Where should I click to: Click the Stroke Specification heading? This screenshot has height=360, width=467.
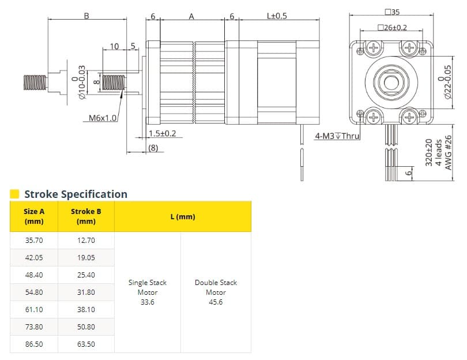76,194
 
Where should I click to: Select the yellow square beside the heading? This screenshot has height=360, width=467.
15,194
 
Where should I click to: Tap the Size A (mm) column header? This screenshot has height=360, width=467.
34,216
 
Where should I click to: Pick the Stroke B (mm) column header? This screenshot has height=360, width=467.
86,216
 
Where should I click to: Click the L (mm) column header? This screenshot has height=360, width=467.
183,216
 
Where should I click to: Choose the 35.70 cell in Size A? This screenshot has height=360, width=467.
34,241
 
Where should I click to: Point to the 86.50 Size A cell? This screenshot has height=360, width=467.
34,344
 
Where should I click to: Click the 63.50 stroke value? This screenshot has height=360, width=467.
86,344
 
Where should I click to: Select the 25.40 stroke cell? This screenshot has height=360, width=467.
86,275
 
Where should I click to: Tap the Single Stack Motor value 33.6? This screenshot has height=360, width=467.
148,302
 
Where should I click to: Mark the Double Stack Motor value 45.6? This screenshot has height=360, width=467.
216,302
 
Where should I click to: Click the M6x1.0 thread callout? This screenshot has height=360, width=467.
103,118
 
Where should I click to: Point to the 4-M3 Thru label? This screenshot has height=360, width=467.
337,137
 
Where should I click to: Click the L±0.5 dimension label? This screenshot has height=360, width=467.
277,16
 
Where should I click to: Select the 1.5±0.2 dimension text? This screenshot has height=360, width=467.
162,133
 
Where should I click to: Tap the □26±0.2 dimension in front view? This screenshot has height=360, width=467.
392,27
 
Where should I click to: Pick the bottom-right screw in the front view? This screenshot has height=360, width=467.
410,118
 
